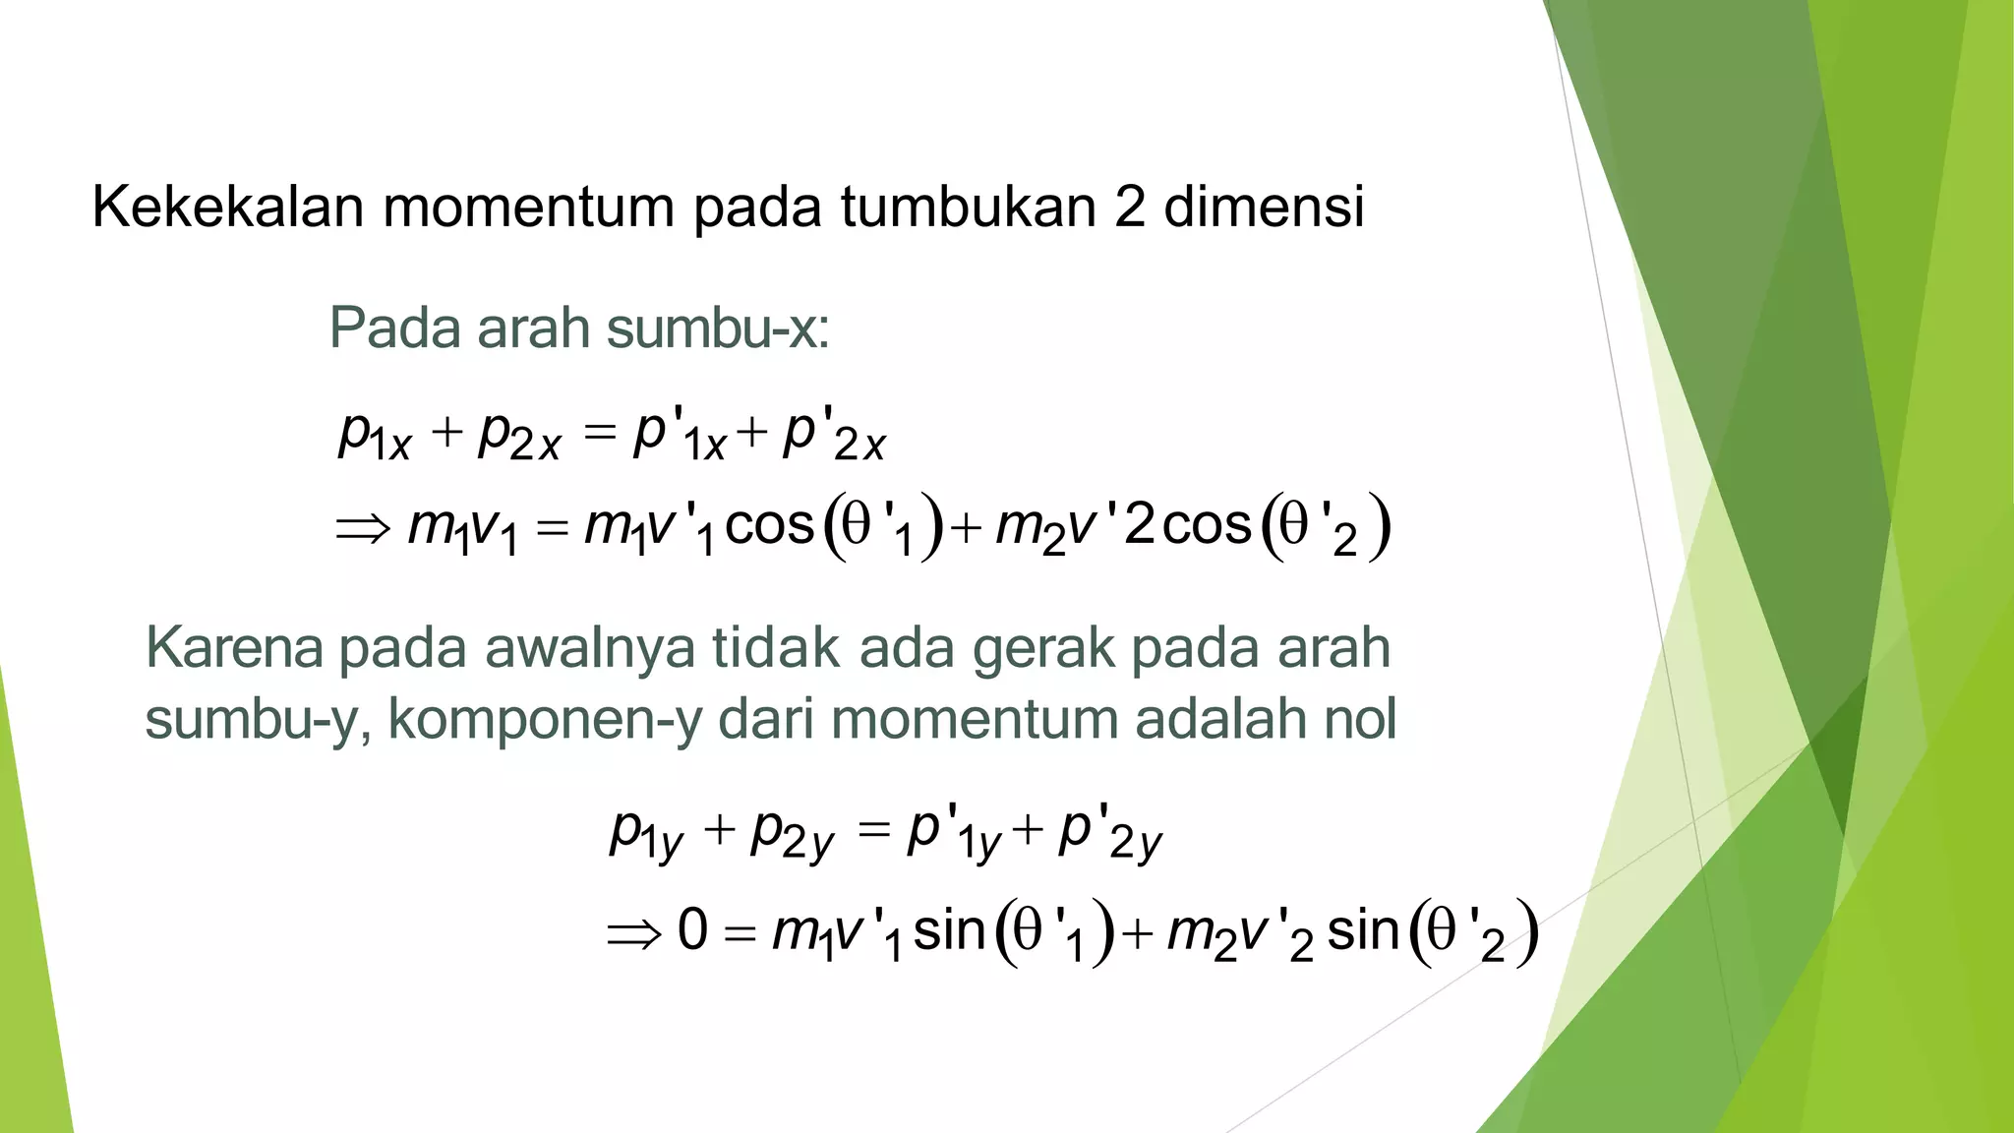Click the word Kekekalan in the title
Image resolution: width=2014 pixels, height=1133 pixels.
pyautogui.click(x=227, y=207)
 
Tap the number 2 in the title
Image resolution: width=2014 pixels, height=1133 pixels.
pyautogui.click(x=1130, y=207)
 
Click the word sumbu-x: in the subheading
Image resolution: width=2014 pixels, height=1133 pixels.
pyautogui.click(x=718, y=328)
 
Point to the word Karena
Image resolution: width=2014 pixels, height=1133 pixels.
pyautogui.click(x=234, y=648)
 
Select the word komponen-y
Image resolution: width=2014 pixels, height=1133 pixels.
pyautogui.click(x=545, y=721)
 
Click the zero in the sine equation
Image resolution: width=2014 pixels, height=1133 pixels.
pyautogui.click(x=692, y=929)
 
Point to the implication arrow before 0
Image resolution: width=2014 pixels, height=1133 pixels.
pyautogui.click(x=634, y=933)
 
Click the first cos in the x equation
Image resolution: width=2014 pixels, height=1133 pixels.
pyautogui.click(x=770, y=525)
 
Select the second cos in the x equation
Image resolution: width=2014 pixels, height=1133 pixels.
pyautogui.click(x=1207, y=525)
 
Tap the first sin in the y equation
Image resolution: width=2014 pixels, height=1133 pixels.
pyautogui.click(x=949, y=929)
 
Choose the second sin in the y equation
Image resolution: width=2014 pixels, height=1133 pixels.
pyautogui.click(x=1363, y=929)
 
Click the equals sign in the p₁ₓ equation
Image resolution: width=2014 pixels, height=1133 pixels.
pyautogui.click(x=598, y=433)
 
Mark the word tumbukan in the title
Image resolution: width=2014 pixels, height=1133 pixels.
pyautogui.click(x=968, y=207)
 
